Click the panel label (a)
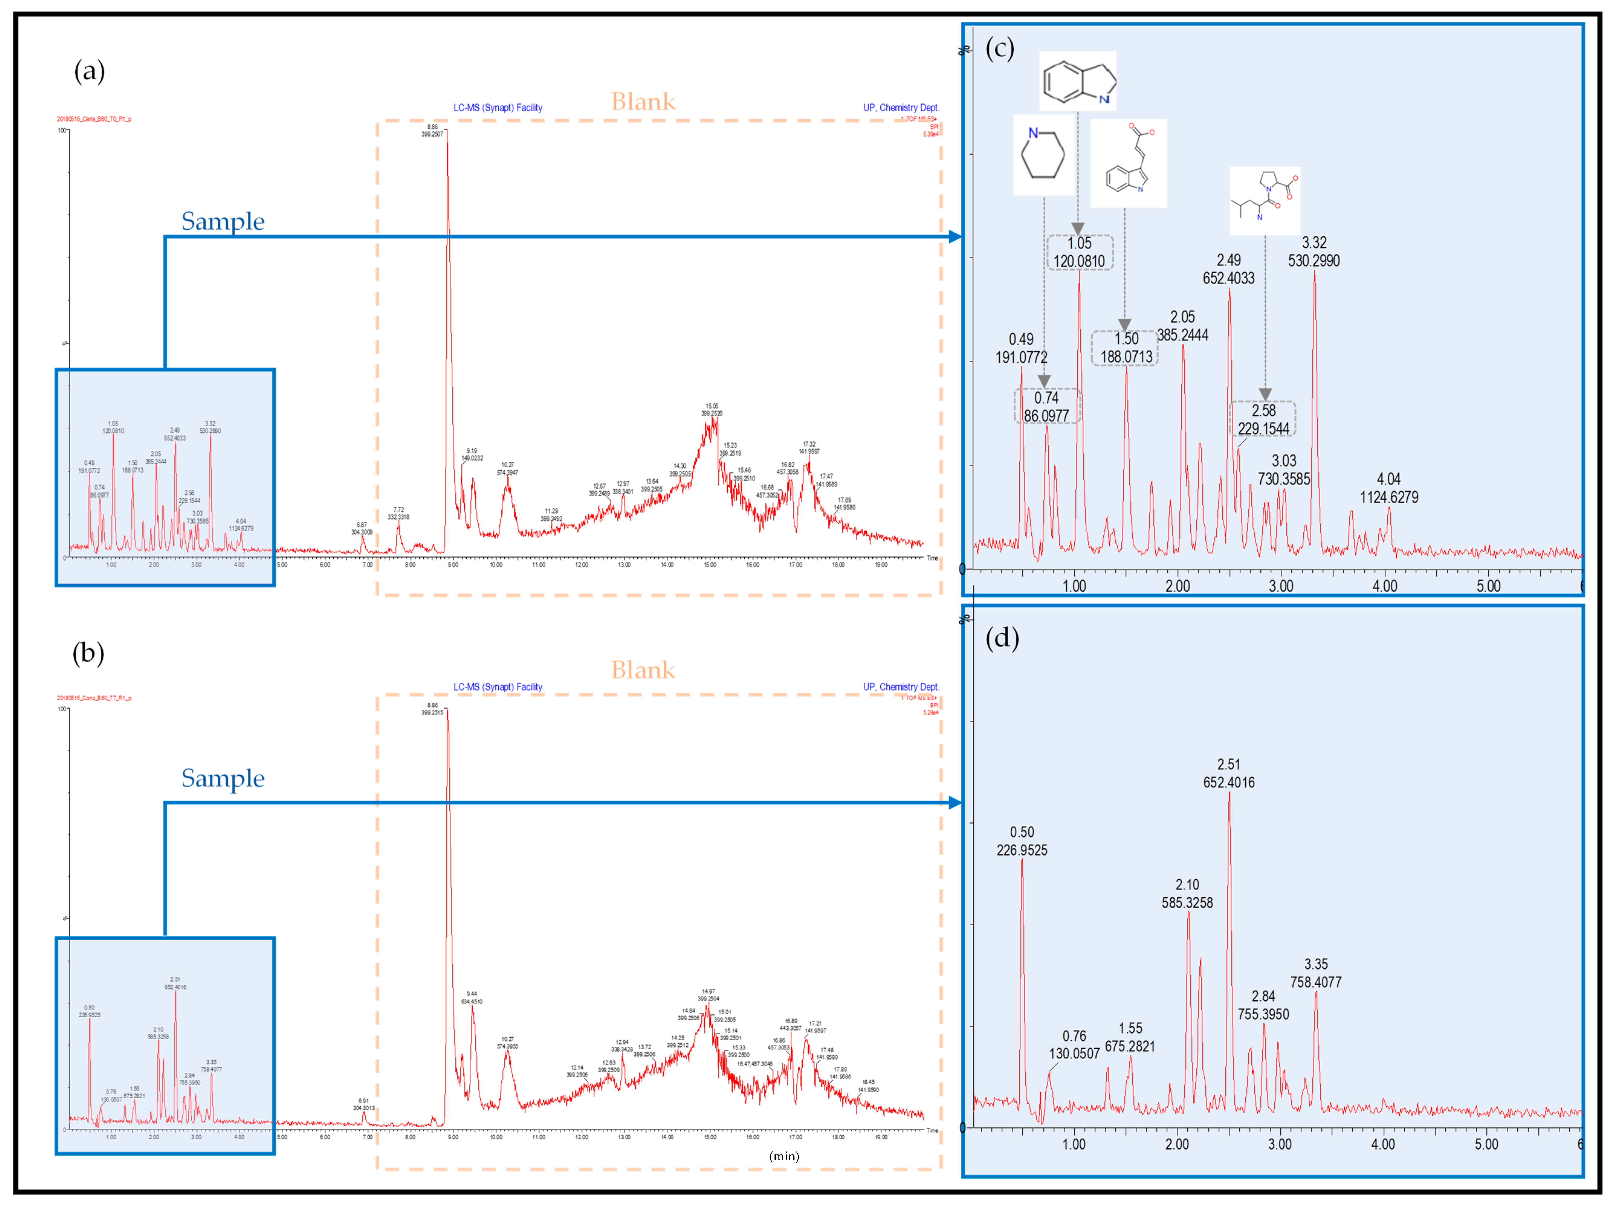coord(89,72)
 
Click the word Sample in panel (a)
coord(222,221)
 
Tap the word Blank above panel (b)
coord(643,670)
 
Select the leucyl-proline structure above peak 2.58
coord(1264,200)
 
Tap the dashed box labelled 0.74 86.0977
coord(1046,406)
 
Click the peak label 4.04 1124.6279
coord(1389,488)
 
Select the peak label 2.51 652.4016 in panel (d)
coord(1229,773)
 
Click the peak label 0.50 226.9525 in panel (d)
coord(1021,841)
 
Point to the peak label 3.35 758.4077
coord(1315,973)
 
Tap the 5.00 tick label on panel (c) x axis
coord(1489,586)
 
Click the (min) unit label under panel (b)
coord(784,1156)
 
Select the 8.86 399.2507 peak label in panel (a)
coord(432,131)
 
